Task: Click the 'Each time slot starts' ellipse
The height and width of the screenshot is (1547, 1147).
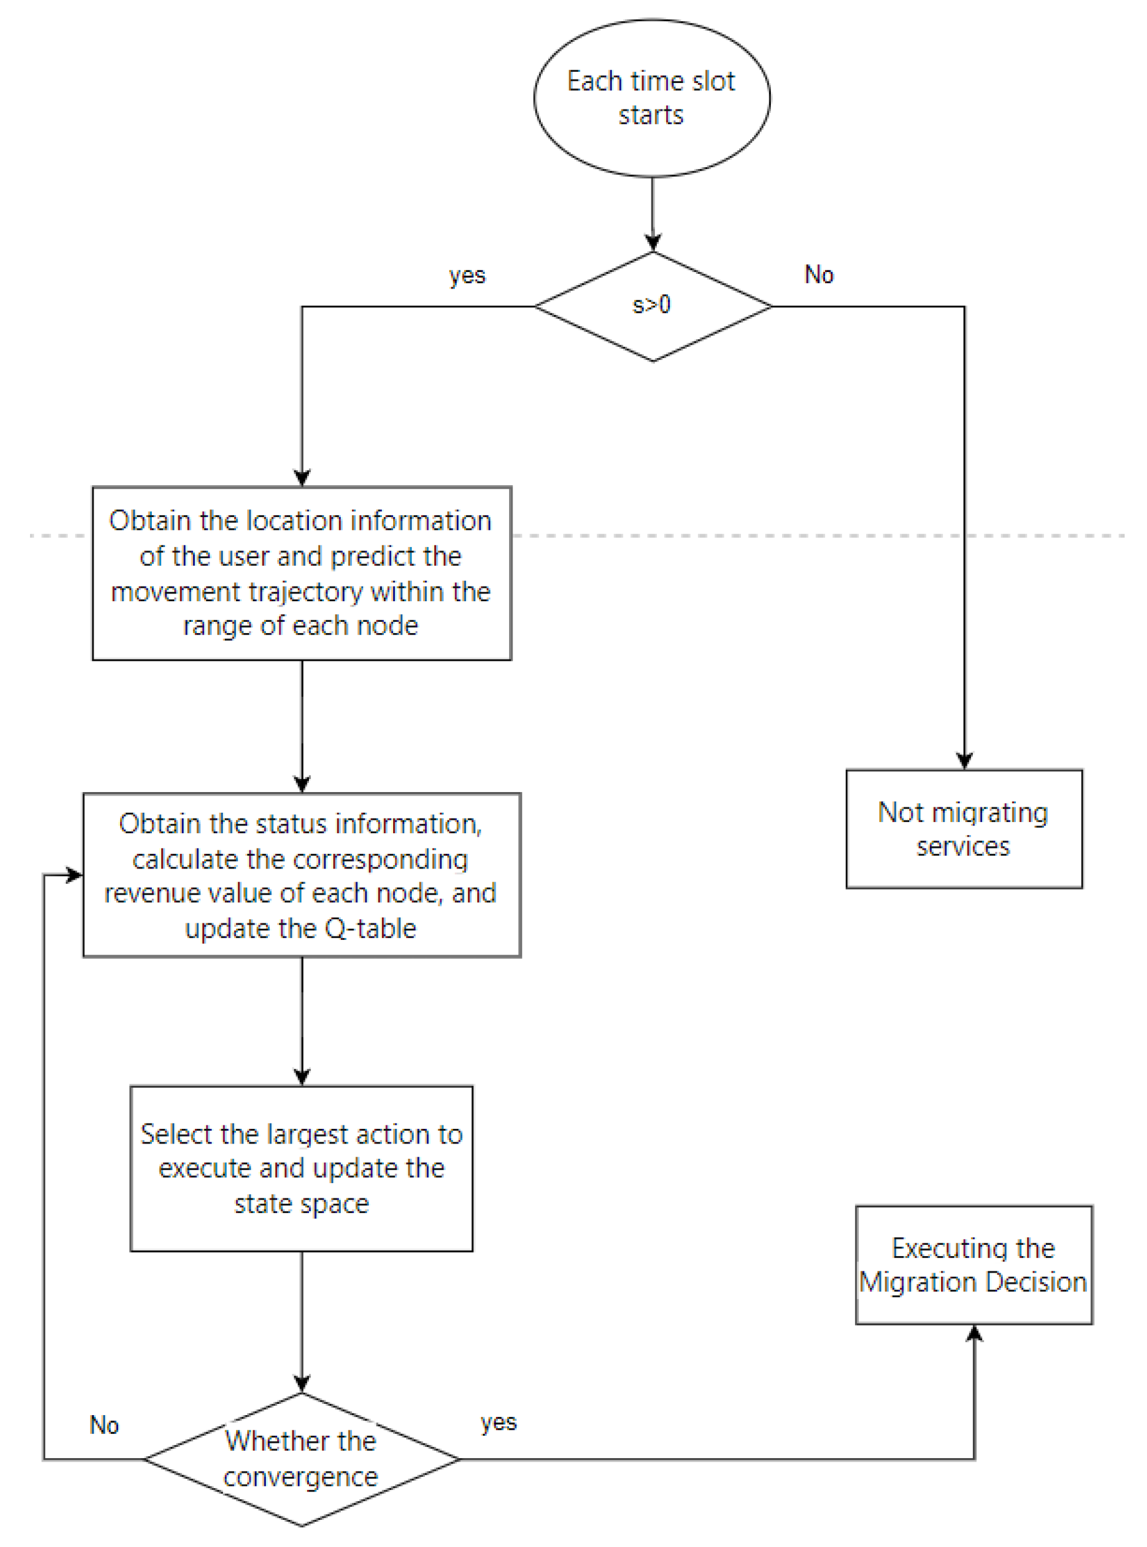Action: tap(651, 98)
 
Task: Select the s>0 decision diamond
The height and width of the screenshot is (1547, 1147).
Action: tap(652, 306)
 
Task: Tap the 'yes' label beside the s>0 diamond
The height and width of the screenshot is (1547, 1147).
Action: tap(467, 275)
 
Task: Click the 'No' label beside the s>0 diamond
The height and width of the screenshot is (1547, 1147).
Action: tap(819, 274)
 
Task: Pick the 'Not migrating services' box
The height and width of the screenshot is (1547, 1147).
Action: tap(964, 829)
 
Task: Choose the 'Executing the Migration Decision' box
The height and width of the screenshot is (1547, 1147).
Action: tap(973, 1264)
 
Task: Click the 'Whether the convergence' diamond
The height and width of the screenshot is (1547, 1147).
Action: tap(301, 1458)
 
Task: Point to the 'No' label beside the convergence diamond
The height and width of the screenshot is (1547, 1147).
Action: tap(104, 1425)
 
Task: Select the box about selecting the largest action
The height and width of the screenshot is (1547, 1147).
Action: tap(301, 1168)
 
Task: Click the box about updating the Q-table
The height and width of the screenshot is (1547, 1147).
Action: tap(301, 874)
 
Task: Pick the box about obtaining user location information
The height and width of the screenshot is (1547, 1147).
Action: tap(301, 573)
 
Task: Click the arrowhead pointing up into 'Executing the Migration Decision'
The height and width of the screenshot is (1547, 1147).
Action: tap(974, 1333)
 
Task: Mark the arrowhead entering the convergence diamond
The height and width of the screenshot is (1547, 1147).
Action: tap(301, 1383)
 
